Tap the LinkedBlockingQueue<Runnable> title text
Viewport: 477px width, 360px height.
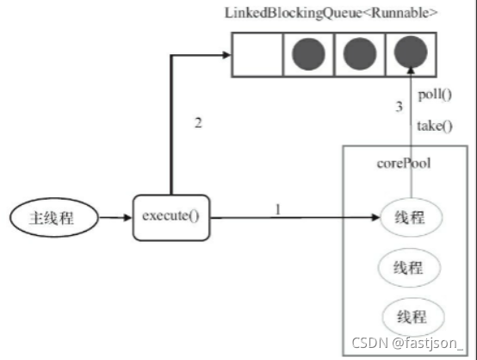coord(331,14)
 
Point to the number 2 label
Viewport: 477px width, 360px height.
coord(199,123)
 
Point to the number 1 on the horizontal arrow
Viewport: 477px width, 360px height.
coord(277,209)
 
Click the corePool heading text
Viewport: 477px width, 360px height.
coord(403,164)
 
